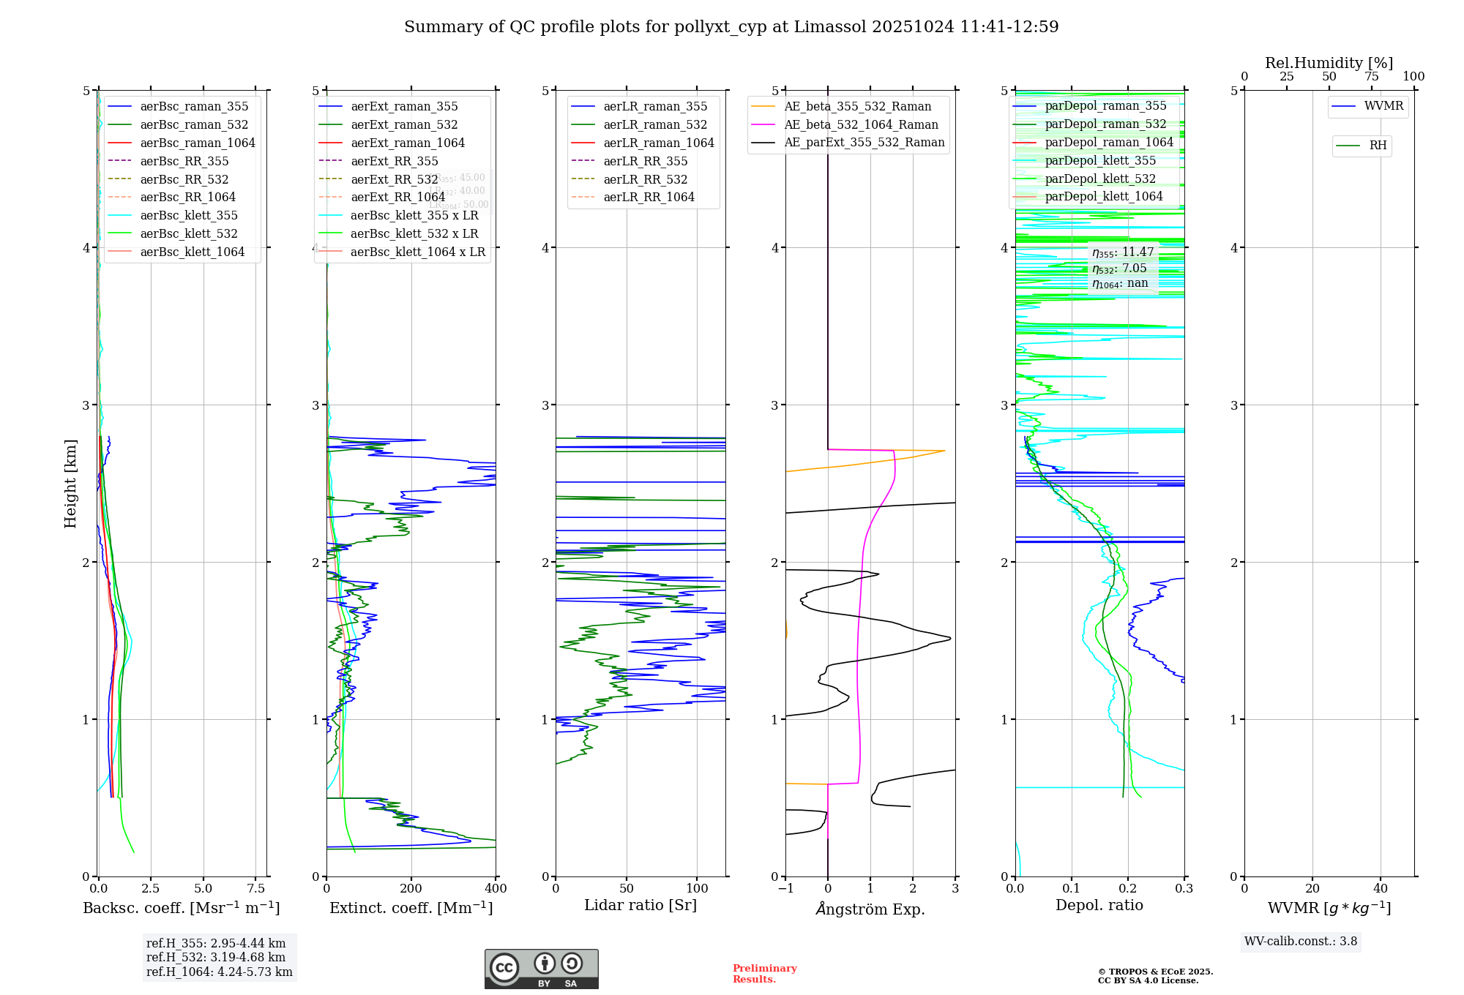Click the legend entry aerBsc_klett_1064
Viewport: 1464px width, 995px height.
pos(192,252)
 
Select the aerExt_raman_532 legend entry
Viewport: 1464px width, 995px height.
pos(404,124)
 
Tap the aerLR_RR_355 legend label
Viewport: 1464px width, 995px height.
pos(645,161)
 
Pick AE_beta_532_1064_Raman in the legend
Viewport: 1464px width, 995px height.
pos(861,124)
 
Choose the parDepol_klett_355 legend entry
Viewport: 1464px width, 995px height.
pos(1100,160)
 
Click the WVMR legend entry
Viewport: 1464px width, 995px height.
pos(1383,106)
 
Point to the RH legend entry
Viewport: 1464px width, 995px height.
pos(1378,146)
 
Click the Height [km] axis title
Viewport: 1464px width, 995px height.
pos(70,484)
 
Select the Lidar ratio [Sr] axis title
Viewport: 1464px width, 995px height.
pos(640,905)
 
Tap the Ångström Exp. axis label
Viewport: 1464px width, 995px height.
pos(870,909)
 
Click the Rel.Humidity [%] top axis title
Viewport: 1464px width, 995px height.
pos(1329,63)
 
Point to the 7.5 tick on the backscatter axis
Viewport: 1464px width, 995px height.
pos(256,888)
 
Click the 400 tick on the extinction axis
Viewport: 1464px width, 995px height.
pos(496,888)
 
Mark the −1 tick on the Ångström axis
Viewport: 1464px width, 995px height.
pos(785,888)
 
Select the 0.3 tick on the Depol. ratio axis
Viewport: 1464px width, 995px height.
pos(1184,888)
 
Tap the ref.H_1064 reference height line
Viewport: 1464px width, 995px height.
pos(219,972)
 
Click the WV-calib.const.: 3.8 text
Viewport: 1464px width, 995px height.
pos(1301,941)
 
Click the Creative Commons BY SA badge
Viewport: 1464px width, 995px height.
pos(541,969)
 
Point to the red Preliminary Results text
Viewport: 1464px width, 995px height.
pos(764,973)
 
